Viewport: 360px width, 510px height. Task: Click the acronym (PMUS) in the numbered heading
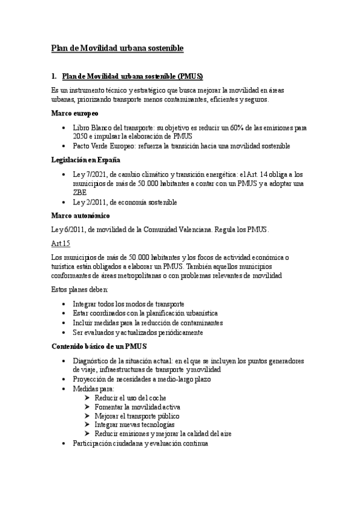tap(187, 76)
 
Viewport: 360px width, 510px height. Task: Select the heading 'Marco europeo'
tap(75, 113)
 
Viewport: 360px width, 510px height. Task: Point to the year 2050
tap(81, 137)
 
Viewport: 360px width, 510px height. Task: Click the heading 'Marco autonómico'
tap(80, 216)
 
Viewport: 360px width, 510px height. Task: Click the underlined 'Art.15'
tap(61, 244)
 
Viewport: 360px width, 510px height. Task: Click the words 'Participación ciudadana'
tap(108, 443)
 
